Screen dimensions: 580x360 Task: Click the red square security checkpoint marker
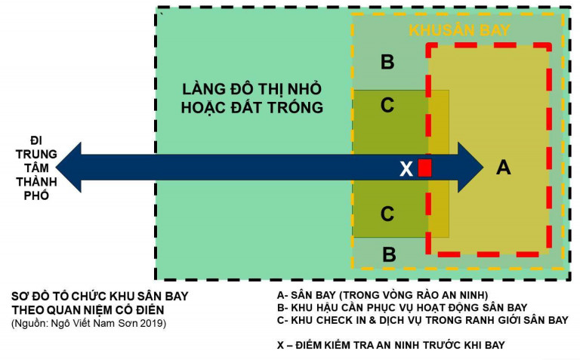424,168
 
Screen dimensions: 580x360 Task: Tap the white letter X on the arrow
406,169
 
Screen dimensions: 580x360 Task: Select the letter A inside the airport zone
504,167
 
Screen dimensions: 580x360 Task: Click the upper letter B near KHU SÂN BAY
387,62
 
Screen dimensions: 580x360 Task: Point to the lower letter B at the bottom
389,254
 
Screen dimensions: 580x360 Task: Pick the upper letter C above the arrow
387,105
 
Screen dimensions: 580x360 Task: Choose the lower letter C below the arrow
387,214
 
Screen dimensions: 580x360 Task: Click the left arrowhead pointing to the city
69,168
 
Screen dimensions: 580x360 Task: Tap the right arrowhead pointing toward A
470,168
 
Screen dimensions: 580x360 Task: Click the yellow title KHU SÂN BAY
459,30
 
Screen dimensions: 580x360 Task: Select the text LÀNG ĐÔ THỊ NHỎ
252,89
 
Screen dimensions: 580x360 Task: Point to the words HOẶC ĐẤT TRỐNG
252,108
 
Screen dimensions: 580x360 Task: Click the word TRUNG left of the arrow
36,154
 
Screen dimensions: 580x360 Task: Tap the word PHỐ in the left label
36,195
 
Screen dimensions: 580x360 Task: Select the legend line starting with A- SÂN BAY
382,295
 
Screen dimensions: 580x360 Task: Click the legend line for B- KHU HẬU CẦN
402,307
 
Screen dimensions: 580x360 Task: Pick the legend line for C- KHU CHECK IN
422,320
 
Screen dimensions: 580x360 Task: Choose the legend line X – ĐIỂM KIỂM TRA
391,345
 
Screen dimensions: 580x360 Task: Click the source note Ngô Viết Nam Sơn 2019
89,324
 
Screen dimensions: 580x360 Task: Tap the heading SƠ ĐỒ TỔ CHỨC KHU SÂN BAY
100,297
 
